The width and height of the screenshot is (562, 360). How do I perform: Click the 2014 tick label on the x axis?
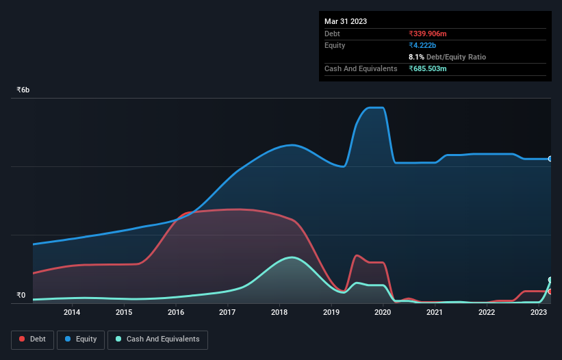(x=72, y=313)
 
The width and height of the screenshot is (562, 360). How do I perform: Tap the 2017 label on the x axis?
(x=227, y=313)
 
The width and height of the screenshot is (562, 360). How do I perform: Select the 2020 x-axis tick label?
(x=383, y=313)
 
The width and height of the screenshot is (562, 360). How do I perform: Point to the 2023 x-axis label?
(x=538, y=313)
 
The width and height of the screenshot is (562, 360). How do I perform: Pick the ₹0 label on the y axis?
(x=21, y=296)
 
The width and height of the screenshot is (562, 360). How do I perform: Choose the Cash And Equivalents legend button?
(x=157, y=339)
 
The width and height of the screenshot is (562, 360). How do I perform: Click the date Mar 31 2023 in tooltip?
(x=346, y=21)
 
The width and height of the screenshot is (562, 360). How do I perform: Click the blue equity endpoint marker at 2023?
(x=550, y=159)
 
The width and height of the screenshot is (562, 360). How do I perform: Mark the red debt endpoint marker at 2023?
(x=550, y=292)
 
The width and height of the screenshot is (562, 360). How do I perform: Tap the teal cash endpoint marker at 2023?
(x=550, y=280)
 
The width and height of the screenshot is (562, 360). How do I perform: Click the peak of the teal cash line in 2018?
(x=292, y=257)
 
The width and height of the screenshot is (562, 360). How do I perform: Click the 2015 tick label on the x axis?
(x=124, y=313)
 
